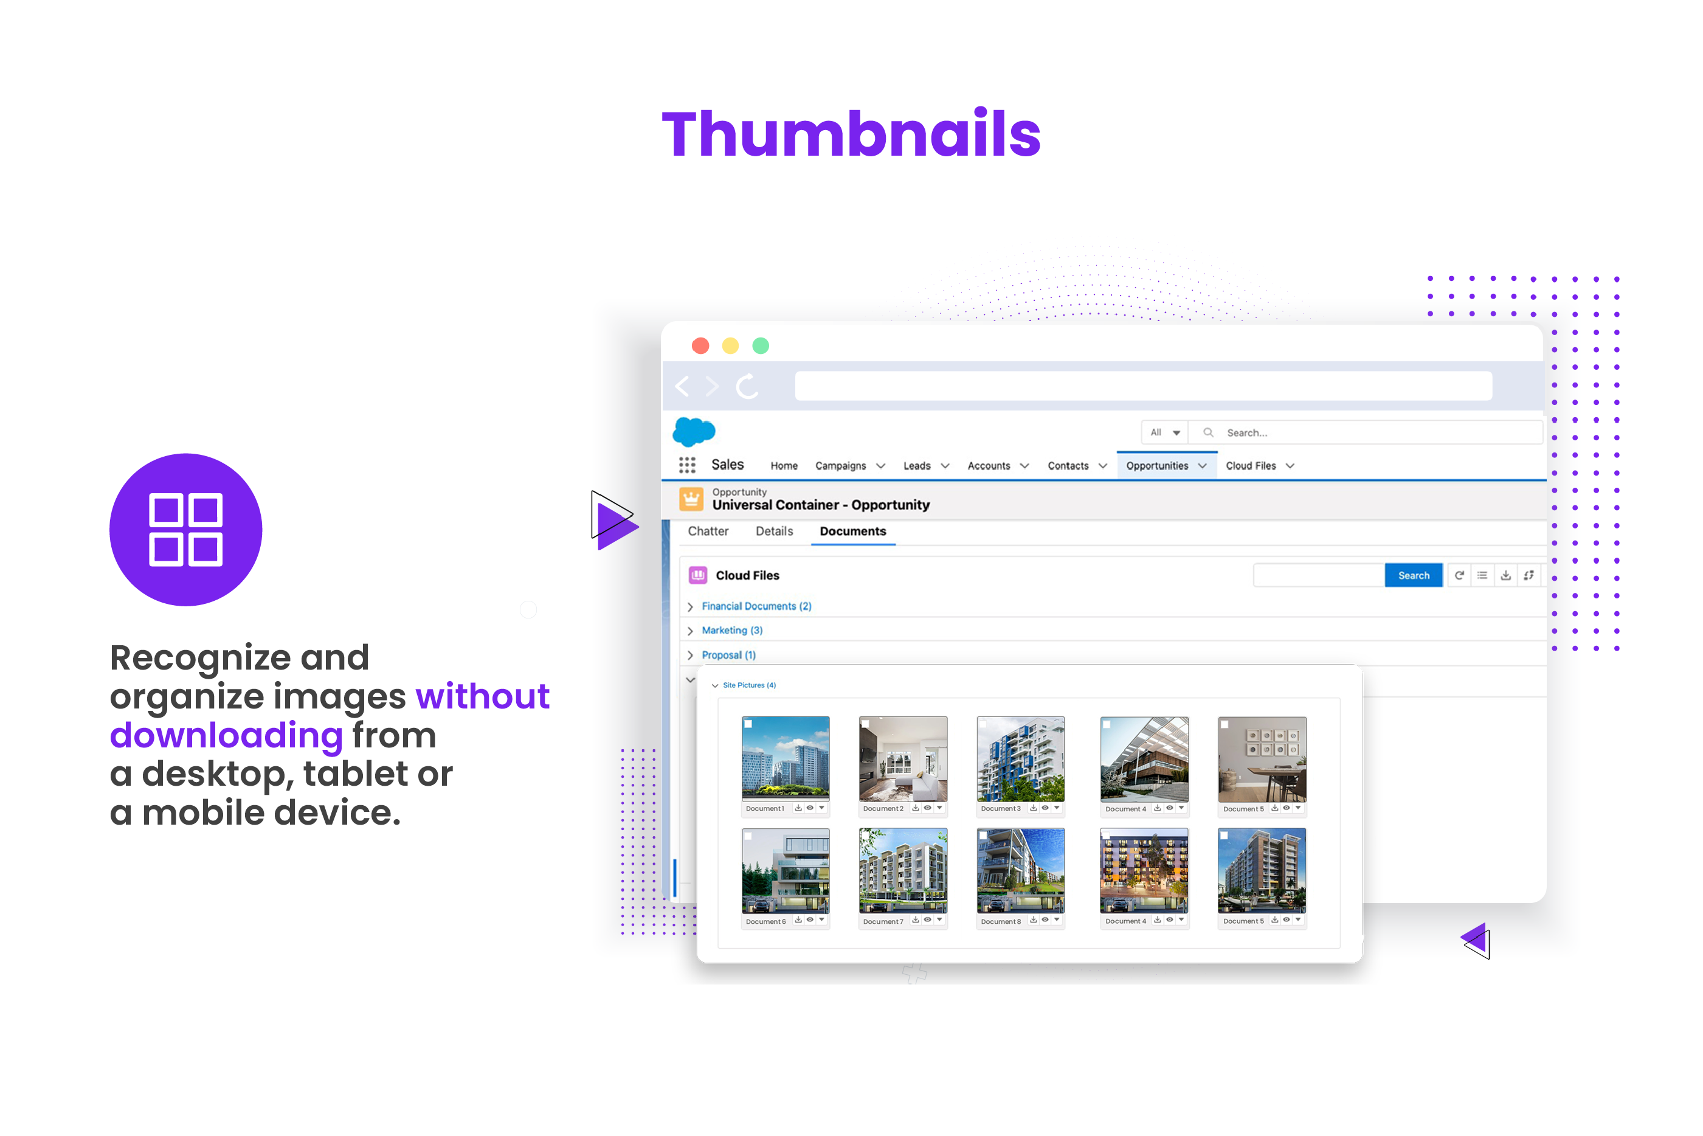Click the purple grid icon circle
point(185,530)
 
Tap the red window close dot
point(700,345)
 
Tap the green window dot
point(760,345)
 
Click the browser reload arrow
point(747,386)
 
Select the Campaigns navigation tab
point(840,466)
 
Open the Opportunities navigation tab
point(1157,466)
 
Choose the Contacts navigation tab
point(1068,466)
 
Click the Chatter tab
point(708,531)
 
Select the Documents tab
point(852,531)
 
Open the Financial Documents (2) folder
point(756,606)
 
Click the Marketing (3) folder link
point(731,630)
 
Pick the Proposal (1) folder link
point(728,655)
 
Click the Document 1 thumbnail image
point(785,758)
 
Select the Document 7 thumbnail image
point(902,870)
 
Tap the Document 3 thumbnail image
point(1020,758)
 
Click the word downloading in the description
point(226,735)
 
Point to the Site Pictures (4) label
point(749,685)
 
